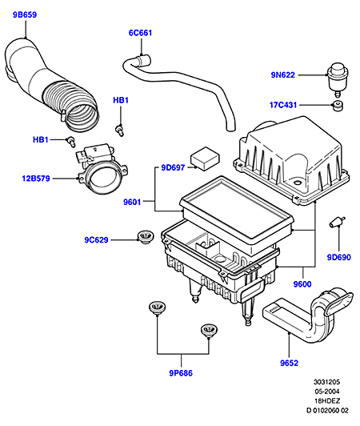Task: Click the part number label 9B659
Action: point(25,14)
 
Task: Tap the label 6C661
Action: point(140,33)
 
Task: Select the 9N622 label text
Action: point(283,75)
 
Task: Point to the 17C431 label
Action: point(283,105)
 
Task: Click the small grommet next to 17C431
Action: point(338,106)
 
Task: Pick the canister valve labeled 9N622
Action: point(338,78)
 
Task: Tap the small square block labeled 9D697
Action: point(205,159)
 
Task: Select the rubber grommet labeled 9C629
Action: point(146,237)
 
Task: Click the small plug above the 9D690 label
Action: point(337,222)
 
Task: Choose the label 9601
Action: point(132,202)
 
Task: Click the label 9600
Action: point(302,284)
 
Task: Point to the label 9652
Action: point(289,363)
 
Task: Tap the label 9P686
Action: point(181,373)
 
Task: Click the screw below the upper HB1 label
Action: point(120,130)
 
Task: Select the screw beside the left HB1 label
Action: point(71,141)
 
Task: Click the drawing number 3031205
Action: point(327,382)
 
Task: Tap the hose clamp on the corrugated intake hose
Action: point(62,114)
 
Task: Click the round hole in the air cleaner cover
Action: point(298,182)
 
